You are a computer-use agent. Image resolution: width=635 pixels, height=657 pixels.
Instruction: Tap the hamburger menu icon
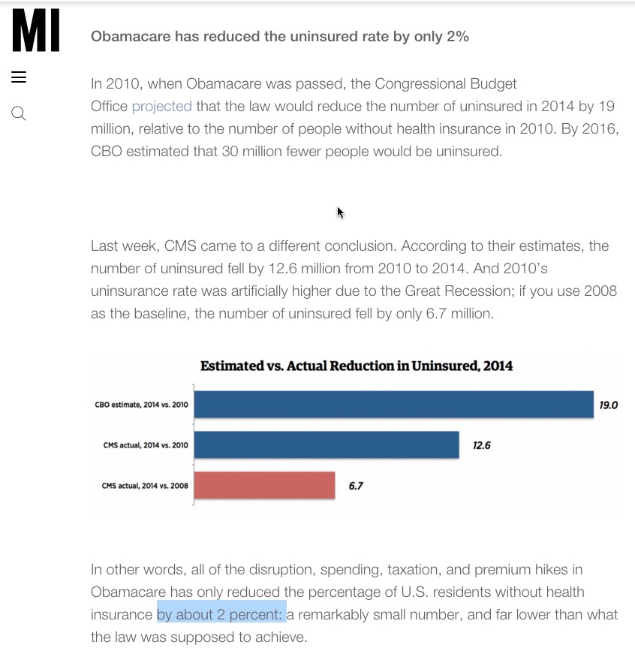(x=19, y=77)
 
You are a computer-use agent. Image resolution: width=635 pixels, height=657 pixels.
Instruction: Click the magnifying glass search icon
(x=19, y=113)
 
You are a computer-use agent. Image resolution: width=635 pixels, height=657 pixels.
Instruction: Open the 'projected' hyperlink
(x=161, y=106)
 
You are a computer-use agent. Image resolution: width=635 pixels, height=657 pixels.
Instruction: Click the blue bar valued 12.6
(x=327, y=445)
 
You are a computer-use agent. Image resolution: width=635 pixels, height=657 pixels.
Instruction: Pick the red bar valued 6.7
(x=264, y=485)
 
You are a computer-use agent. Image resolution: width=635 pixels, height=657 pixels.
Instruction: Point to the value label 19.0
(x=608, y=405)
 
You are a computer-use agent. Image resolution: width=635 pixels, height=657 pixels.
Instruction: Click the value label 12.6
(x=481, y=445)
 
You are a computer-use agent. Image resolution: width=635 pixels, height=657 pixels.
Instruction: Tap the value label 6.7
(x=356, y=486)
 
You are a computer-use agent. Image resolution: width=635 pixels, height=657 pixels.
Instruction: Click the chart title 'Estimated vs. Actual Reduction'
(x=357, y=366)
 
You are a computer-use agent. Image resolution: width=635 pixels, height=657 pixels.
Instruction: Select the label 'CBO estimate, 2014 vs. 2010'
(x=141, y=405)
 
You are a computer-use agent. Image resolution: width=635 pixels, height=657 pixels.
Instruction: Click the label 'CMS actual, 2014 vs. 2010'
(x=145, y=445)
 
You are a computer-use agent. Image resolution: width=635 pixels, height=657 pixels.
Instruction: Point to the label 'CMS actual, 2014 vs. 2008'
(x=145, y=486)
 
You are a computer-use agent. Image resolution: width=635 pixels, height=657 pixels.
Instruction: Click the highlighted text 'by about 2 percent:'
(x=221, y=614)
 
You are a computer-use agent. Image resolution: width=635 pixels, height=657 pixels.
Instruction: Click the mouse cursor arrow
(x=340, y=212)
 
